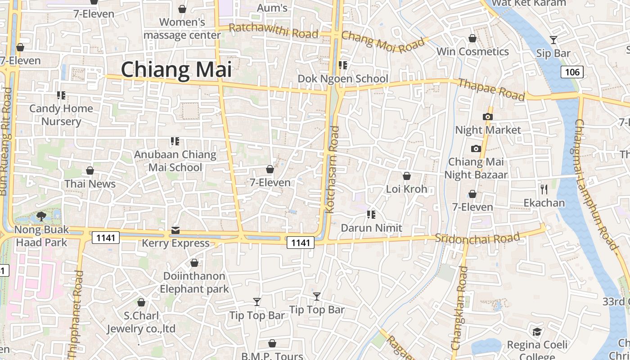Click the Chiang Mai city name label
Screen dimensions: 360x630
176,70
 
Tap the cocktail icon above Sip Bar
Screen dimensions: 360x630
553,40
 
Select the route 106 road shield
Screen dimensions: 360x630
572,72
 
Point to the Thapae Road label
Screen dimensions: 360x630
491,90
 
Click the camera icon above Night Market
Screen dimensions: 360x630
487,117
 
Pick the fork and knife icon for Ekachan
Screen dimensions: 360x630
544,189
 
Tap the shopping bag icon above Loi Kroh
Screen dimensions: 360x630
407,176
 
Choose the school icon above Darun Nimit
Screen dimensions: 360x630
371,215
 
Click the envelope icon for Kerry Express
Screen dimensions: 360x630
175,231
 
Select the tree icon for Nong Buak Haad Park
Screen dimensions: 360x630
41,216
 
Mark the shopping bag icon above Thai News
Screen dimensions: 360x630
90,171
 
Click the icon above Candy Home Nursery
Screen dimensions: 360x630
61,95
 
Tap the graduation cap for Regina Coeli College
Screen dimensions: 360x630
537,332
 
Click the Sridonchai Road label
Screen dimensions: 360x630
477,238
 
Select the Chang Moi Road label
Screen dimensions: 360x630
383,42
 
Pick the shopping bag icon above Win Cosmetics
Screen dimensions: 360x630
472,38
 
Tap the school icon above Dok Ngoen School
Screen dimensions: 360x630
343,65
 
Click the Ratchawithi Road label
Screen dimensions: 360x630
273,31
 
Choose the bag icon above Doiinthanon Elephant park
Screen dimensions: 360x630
194,263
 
